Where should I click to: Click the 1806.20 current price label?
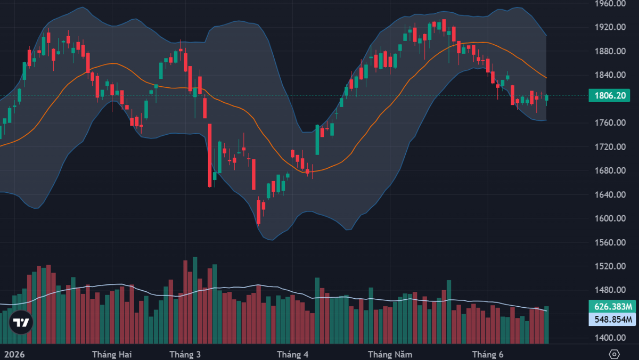[609, 95]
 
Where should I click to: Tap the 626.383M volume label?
[612, 306]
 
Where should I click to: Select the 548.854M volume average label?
[612, 319]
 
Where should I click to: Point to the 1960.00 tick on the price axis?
[610, 4]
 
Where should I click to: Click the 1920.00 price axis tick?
[610, 27]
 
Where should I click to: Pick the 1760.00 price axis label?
[610, 122]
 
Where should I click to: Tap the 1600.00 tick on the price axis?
[610, 218]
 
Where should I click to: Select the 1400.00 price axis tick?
[610, 338]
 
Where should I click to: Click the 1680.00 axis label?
[610, 170]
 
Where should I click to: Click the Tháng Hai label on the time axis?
[112, 355]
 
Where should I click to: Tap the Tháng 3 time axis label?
[185, 355]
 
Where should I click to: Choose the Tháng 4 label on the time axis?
[293, 355]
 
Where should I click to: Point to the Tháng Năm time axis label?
[390, 355]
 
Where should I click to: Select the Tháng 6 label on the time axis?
[488, 355]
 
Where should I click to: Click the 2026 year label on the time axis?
[14, 355]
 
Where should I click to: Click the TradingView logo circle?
[21, 322]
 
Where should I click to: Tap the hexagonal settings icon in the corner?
[614, 354]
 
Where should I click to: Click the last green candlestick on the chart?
[546, 98]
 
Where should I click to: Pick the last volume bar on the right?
[546, 325]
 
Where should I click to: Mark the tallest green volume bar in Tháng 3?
[195, 300]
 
